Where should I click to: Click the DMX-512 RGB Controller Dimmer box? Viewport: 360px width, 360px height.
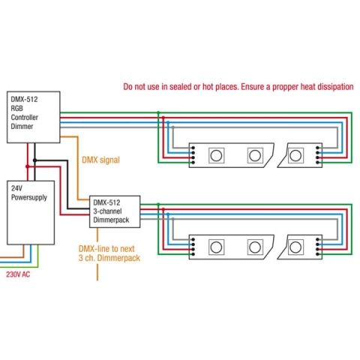[34, 117]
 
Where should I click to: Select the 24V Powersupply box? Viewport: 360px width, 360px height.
[31, 212]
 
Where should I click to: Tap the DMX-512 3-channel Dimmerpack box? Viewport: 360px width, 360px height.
[115, 211]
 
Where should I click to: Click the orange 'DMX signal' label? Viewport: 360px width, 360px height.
[100, 160]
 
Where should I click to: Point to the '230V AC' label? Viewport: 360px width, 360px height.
[18, 274]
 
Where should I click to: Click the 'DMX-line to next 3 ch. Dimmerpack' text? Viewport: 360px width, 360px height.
[109, 253]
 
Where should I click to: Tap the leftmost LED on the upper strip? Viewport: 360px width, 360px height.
[216, 155]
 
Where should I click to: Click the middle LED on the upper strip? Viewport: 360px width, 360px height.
[255, 155]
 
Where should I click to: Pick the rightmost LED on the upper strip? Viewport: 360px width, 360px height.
[295, 155]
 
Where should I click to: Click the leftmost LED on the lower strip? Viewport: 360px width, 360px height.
[216, 247]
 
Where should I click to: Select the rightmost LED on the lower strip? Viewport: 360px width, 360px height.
[295, 247]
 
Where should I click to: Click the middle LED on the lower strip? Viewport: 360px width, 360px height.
[255, 247]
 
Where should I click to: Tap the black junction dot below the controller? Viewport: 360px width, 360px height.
[34, 160]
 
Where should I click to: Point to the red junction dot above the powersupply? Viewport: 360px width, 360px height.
[28, 166]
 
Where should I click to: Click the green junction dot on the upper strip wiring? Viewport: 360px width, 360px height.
[158, 112]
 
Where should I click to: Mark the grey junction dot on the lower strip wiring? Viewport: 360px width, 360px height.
[172, 219]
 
